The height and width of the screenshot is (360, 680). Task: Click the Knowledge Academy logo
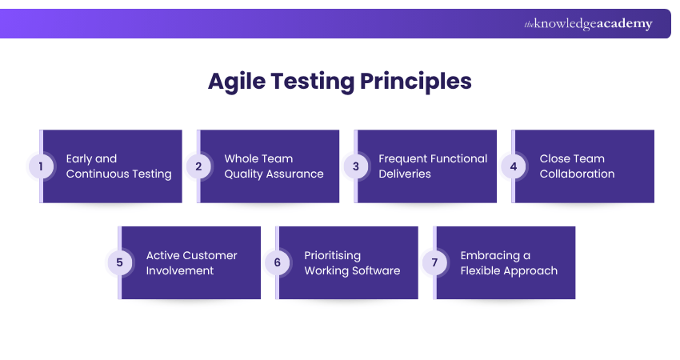coord(588,24)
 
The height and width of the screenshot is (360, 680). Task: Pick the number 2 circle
coord(197,166)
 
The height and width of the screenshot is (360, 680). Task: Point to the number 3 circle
coord(354,166)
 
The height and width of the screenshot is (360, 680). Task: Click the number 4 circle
coord(512,166)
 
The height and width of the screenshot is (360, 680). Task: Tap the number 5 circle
coord(118,262)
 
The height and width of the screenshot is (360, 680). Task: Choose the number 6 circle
coord(276,262)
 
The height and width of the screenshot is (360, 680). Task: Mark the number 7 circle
coord(434,262)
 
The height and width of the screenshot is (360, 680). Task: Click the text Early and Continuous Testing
coord(118,166)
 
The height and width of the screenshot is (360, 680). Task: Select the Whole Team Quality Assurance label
coord(274,166)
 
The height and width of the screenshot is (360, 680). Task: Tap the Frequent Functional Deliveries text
coord(433,166)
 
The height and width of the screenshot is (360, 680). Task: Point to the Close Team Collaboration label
coord(577,166)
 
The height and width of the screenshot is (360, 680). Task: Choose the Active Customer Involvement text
coord(191,262)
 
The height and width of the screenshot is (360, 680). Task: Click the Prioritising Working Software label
coord(352,262)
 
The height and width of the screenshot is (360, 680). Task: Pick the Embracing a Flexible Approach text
coord(509,262)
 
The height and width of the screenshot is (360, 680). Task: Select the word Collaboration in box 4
coord(577,174)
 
